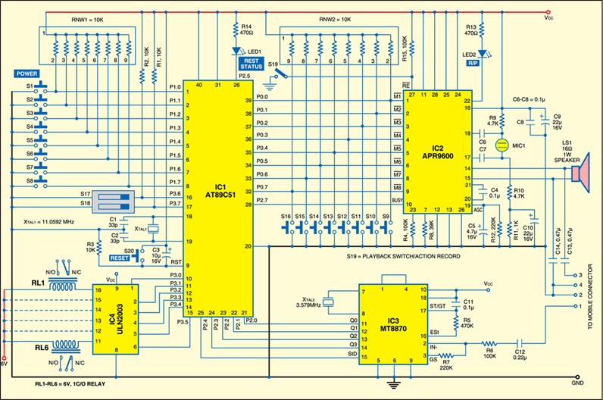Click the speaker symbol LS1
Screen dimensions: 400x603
point(580,174)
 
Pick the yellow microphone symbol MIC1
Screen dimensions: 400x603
point(500,144)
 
